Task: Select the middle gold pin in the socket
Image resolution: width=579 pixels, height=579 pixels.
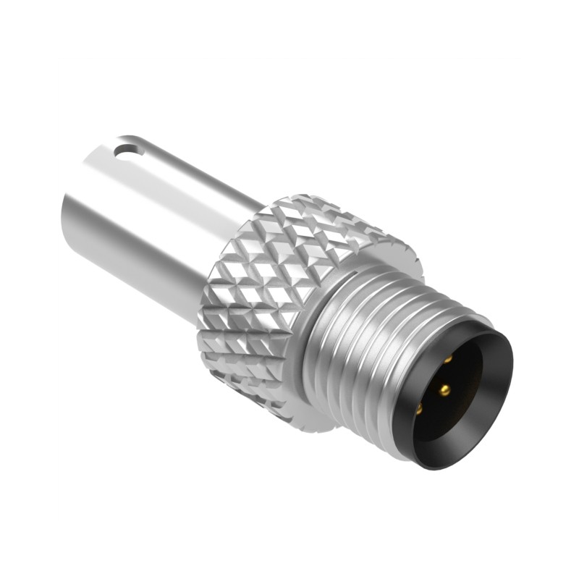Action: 444,390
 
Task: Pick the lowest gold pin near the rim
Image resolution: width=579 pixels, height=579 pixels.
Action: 420,409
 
